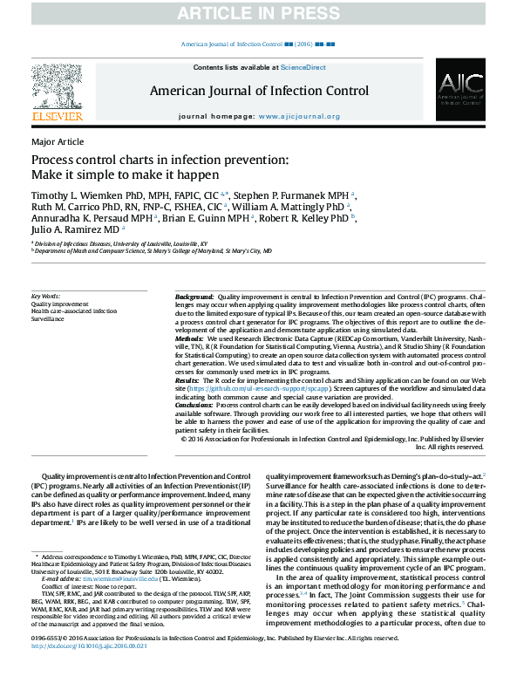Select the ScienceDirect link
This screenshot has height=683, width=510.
pos(303,67)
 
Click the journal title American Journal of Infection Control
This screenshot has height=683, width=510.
pos(259,90)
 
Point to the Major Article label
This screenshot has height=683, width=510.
pos(58,142)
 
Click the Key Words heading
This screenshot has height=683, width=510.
pos(46,297)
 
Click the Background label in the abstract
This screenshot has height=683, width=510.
pos(194,297)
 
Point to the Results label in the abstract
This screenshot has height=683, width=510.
pos(187,381)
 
